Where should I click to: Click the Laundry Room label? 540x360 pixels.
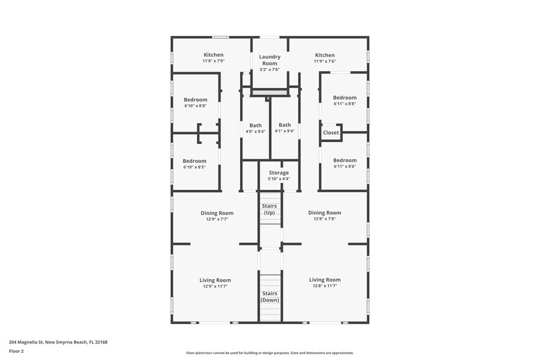point(269,60)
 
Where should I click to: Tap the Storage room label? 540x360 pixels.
point(279,173)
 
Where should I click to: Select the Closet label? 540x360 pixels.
point(331,132)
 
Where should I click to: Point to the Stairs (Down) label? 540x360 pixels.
point(269,297)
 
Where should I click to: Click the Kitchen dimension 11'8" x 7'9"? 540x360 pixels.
point(214,61)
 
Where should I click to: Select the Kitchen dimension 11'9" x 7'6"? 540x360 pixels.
point(324,61)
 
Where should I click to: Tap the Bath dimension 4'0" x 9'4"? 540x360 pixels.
point(255,131)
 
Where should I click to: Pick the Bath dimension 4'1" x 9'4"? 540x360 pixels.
point(285,131)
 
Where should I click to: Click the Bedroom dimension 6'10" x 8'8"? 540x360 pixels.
point(195,106)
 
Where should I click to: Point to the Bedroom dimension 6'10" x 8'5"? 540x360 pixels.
point(195,167)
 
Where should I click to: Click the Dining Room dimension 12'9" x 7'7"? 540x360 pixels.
point(217,219)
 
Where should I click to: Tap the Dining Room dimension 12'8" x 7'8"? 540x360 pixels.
point(324,219)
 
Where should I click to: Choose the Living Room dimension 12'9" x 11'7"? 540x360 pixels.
point(215,287)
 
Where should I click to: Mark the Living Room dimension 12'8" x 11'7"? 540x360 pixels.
point(324,286)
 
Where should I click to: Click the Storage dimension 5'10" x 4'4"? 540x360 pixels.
point(279,179)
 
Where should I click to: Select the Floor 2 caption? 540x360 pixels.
point(17,351)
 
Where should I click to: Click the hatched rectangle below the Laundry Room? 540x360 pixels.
point(269,92)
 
